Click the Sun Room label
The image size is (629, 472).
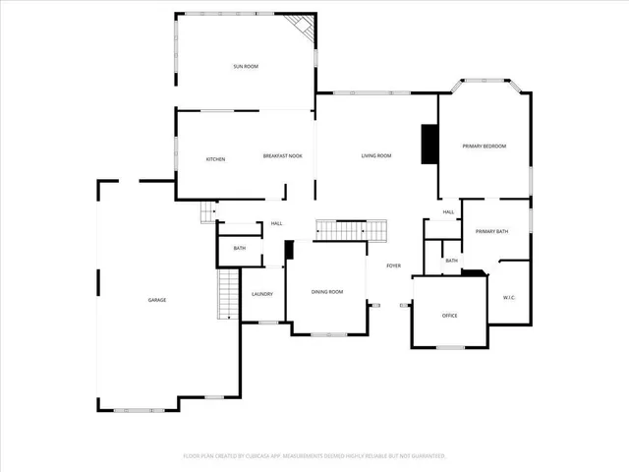(x=246, y=67)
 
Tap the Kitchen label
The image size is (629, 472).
(x=215, y=159)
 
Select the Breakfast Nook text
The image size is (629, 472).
(x=282, y=156)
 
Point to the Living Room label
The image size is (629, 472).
(x=376, y=156)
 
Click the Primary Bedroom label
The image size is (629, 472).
(x=485, y=147)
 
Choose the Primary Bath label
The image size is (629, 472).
(x=491, y=231)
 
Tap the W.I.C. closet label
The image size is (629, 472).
(x=509, y=297)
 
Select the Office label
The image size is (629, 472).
(x=450, y=316)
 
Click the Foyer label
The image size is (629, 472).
(x=393, y=266)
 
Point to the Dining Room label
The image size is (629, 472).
(x=327, y=292)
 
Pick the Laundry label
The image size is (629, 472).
(x=261, y=294)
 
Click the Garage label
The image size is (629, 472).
(x=157, y=300)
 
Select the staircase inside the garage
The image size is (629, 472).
(x=228, y=294)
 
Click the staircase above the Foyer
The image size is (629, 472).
(x=351, y=230)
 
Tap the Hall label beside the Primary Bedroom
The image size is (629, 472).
(x=448, y=212)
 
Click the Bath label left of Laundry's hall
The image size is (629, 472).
(x=239, y=249)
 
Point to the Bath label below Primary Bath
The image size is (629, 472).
(x=451, y=261)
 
